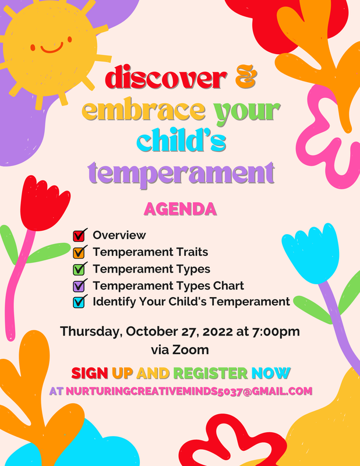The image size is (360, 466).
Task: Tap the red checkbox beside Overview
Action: pos(79,236)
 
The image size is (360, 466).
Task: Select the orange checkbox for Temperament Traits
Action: pos(79,252)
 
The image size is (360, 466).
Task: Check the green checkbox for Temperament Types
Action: pos(79,269)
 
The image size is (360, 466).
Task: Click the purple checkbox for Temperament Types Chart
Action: pos(79,285)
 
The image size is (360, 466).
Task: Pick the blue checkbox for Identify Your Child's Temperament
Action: pos(79,302)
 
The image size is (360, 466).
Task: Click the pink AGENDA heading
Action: pos(179,209)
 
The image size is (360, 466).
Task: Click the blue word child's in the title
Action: pos(181,140)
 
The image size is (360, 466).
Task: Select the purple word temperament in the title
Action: pos(181,172)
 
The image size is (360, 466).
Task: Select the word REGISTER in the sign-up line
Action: pos(210,373)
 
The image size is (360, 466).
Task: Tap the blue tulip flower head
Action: pos(312,250)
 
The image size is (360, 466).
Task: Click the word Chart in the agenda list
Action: pos(228,285)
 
